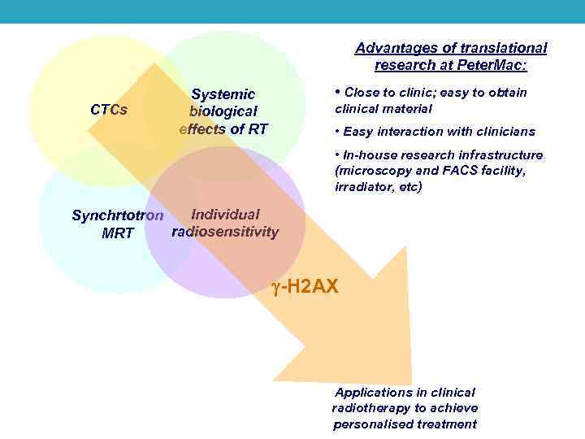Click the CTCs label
108,110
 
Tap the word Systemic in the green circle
223,95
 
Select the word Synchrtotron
118,216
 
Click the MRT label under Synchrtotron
118,234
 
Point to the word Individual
225,215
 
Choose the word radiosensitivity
225,232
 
